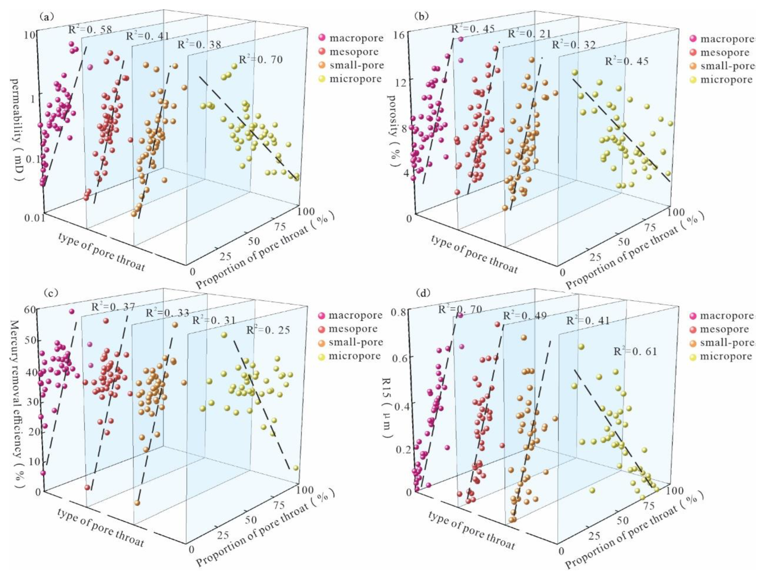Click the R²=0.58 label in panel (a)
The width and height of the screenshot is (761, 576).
click(90, 30)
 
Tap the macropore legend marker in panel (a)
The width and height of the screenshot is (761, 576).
click(322, 38)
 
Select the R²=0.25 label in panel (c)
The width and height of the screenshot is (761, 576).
click(268, 330)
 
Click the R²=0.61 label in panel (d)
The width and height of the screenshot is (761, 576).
click(635, 351)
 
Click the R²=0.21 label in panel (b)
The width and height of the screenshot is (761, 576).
click(529, 33)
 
